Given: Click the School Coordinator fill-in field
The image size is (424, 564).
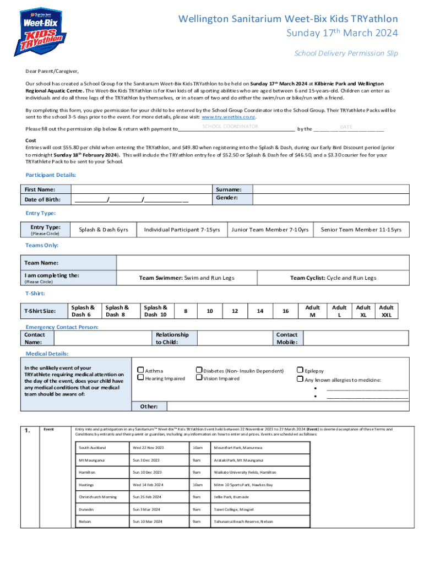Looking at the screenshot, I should coord(230,127).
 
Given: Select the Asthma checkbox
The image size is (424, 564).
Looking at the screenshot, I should coord(140,371).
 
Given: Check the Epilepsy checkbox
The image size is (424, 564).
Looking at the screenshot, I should coord(300,371).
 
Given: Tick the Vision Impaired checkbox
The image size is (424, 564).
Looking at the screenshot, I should coord(199,378).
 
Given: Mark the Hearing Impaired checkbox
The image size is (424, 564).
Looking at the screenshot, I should coord(140,378).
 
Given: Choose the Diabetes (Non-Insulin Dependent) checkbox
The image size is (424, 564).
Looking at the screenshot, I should coord(199,371).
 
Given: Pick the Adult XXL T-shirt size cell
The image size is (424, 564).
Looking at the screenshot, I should coord(387,311).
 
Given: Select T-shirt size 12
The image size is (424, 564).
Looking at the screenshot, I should coord(235,311).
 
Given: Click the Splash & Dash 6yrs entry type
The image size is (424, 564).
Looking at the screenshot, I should coord(104,230).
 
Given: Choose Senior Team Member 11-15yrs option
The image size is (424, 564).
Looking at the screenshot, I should coord(361,230).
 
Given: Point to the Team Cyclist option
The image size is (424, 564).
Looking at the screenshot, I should coord(333,278).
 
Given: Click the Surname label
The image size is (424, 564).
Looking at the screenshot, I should coord(228,189).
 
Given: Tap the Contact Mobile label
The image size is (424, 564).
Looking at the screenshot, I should coord(286,338).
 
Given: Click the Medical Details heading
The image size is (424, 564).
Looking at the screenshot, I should coord(47,354).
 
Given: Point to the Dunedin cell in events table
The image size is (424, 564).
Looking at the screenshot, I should coord(86,510).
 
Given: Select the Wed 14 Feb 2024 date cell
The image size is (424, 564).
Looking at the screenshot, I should coord(148,485).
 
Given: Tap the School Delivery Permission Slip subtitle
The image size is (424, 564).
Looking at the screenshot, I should coord(346,53).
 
